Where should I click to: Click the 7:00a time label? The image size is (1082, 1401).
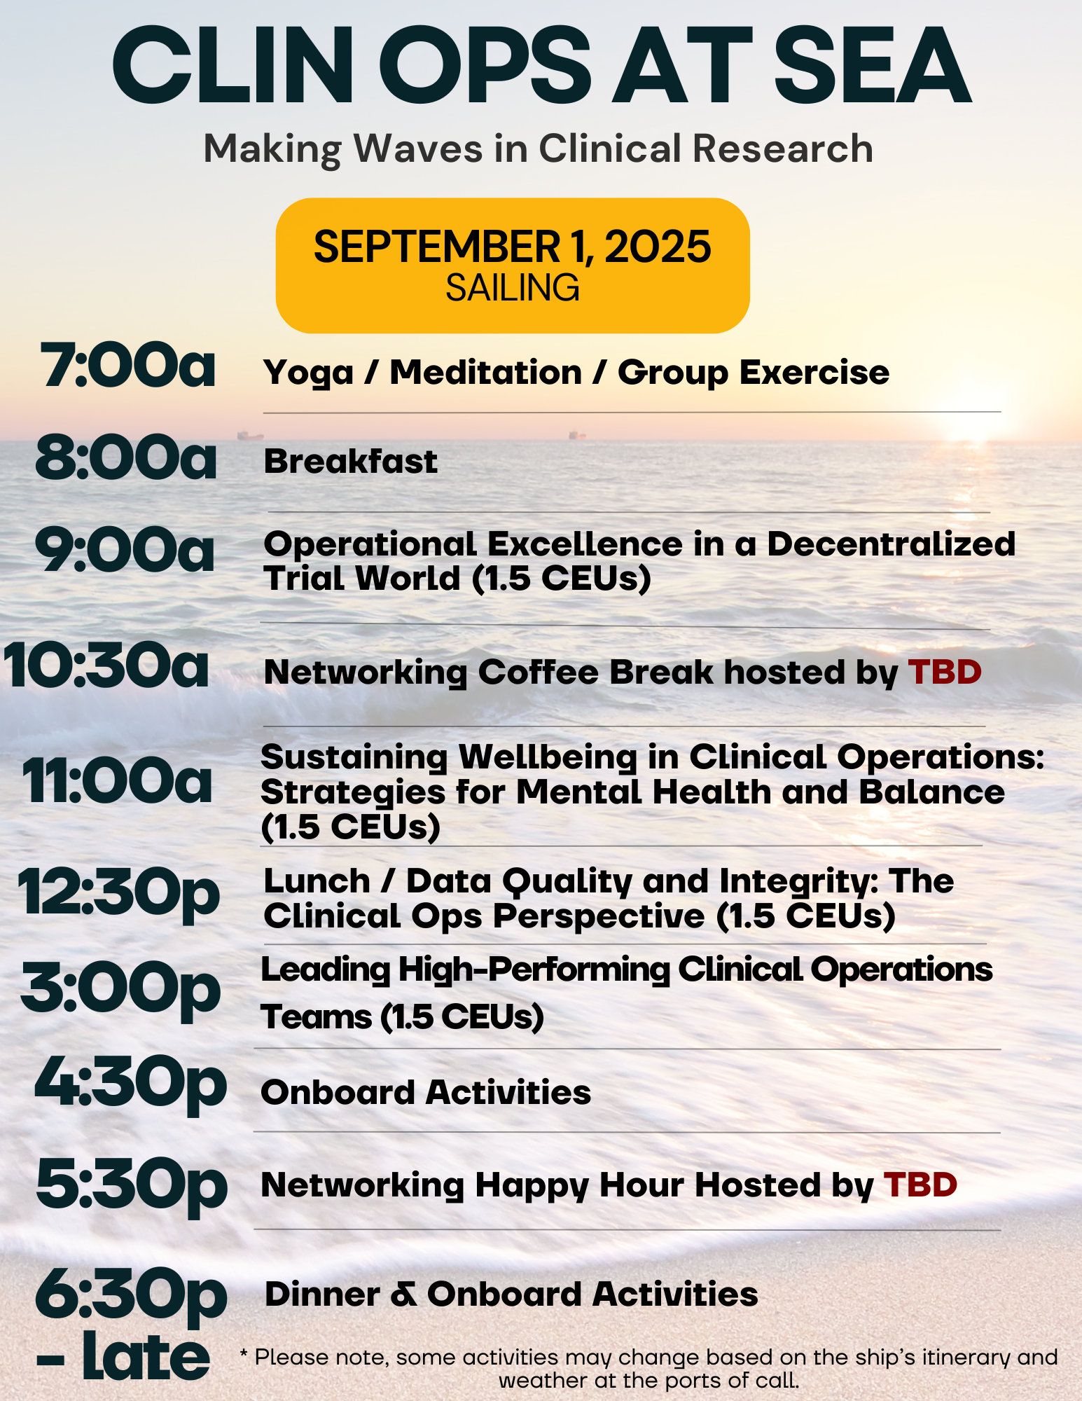click(128, 365)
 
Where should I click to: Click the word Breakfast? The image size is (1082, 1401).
click(350, 462)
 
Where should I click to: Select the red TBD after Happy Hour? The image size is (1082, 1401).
click(920, 1185)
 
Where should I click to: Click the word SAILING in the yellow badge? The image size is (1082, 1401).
click(513, 288)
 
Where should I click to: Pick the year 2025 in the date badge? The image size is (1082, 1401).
click(658, 247)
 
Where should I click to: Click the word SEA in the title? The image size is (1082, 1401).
click(873, 67)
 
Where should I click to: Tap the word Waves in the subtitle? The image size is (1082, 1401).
click(419, 149)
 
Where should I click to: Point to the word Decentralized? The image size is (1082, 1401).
click(892, 544)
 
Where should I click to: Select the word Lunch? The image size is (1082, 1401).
click(317, 881)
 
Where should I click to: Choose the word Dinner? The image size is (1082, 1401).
click(323, 1295)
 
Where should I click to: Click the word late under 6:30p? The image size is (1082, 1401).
click(146, 1357)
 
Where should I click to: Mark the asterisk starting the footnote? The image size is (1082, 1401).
click(244, 1354)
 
